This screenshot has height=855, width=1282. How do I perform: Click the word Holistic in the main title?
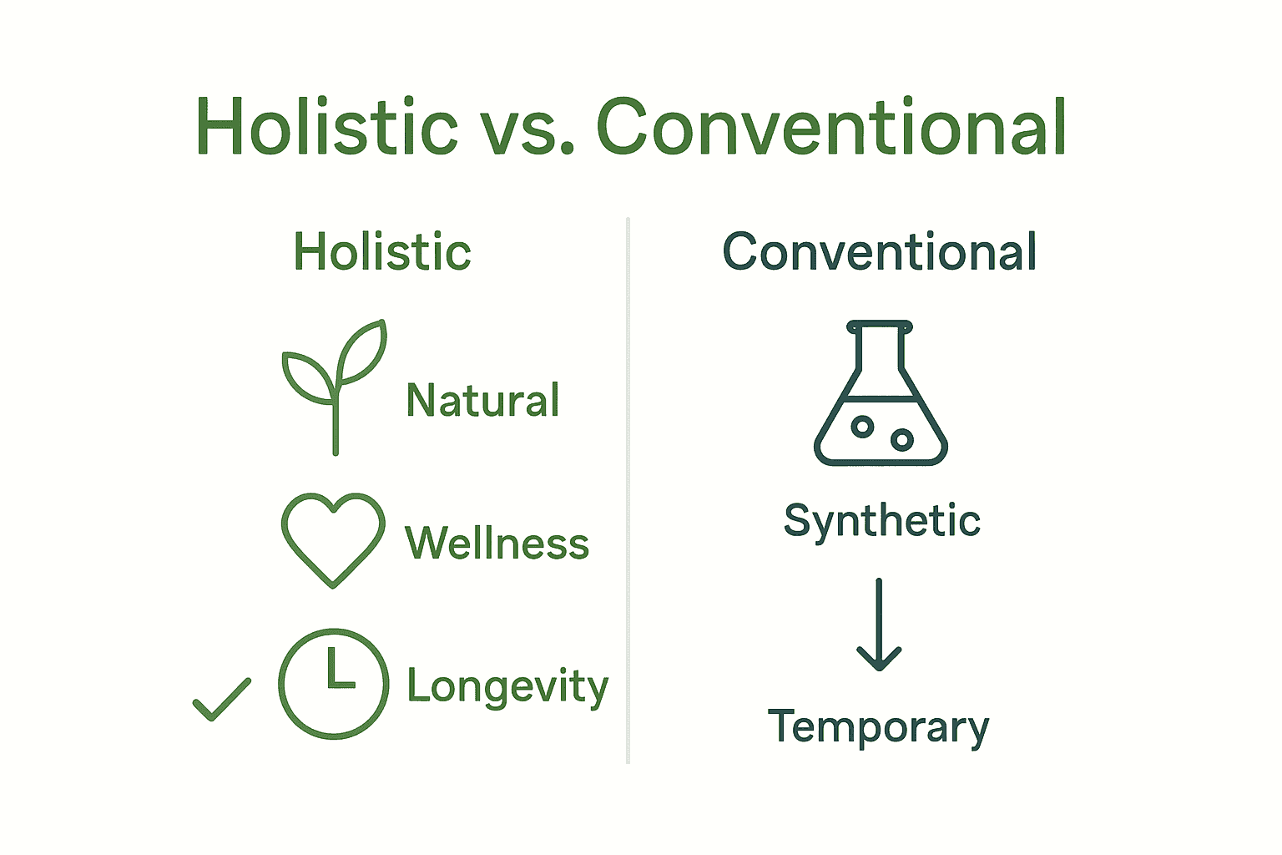tap(326, 128)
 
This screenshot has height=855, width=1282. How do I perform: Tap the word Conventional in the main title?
tap(831, 128)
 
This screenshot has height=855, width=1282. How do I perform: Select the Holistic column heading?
tap(382, 252)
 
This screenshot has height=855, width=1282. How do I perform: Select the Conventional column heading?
tap(880, 252)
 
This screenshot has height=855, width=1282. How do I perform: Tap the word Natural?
tap(482, 401)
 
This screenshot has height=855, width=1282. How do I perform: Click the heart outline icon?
tap(333, 539)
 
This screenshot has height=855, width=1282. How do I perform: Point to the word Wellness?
tap(497, 544)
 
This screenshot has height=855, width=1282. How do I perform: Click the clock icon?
tap(333, 684)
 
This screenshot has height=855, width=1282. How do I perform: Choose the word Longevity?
tap(507, 687)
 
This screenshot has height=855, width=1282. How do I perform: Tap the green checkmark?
tap(221, 700)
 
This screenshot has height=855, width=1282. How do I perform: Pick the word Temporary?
tap(878, 727)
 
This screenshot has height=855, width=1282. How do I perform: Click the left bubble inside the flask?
tap(862, 427)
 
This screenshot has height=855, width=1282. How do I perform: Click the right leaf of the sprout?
tap(364, 352)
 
